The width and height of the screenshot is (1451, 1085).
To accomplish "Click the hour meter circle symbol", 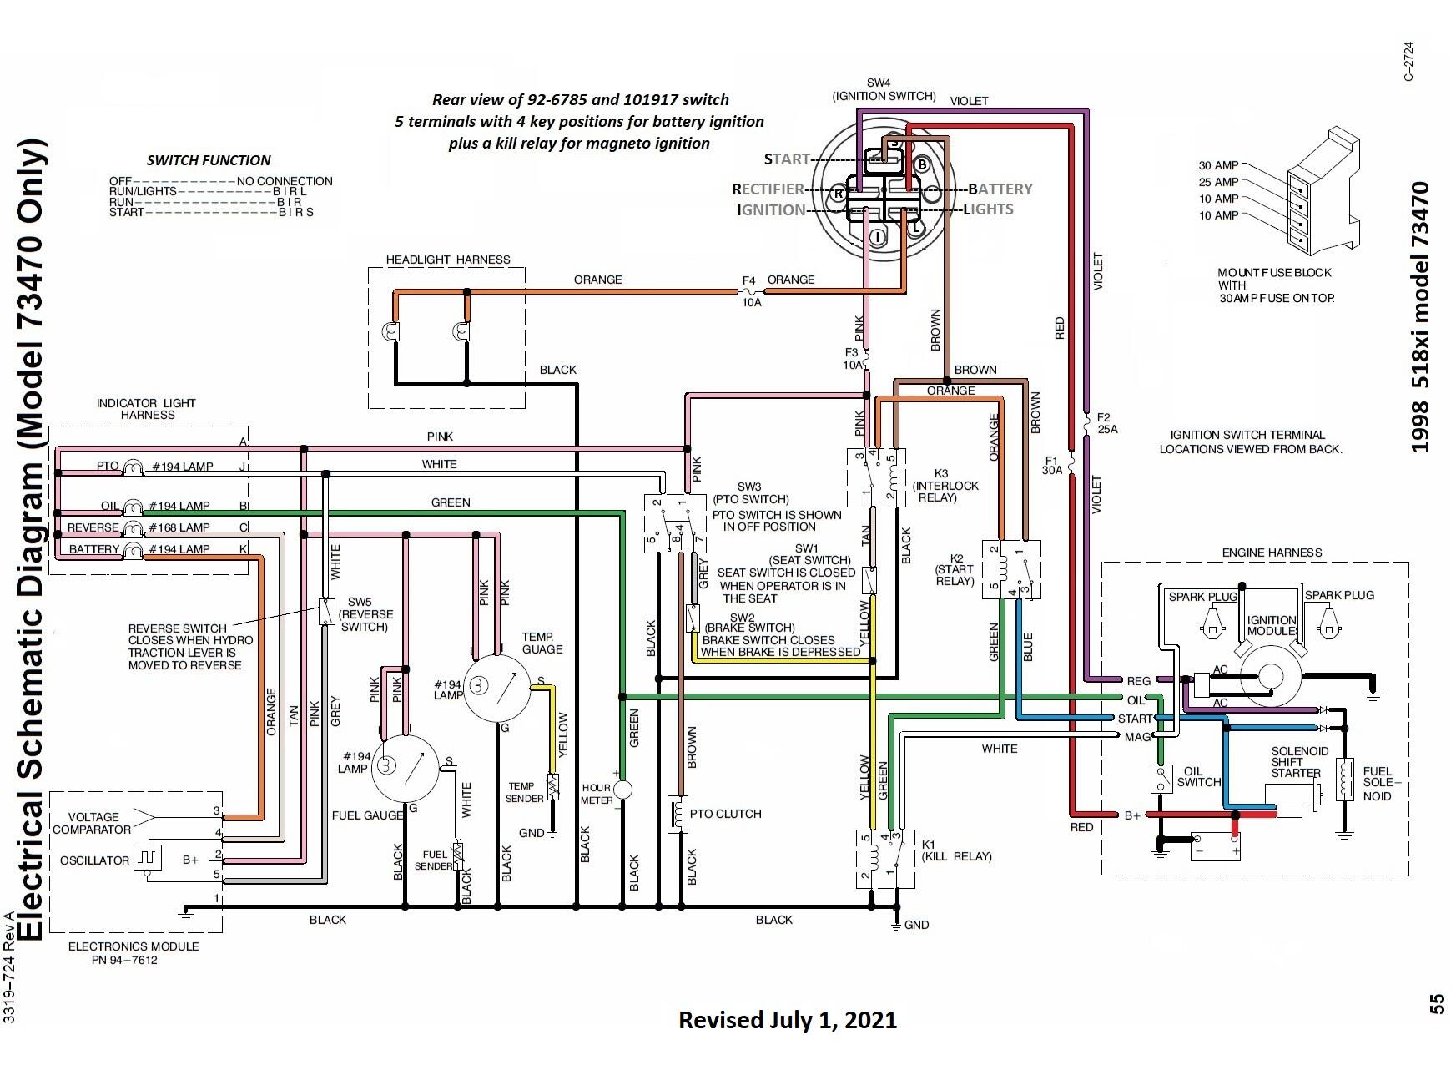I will [x=622, y=789].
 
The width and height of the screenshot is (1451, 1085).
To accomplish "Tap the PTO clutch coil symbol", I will [x=678, y=815].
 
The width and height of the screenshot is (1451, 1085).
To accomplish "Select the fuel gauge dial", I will [x=406, y=769].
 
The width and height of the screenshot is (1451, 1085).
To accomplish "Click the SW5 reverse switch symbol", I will [x=326, y=612].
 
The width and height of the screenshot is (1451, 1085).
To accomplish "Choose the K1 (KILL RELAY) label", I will [x=957, y=850].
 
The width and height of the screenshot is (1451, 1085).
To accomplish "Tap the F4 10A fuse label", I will [x=751, y=291].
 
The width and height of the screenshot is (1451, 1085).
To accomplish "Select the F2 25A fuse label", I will [x=1106, y=423].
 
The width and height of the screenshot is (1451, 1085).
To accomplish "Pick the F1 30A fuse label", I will [x=1051, y=465].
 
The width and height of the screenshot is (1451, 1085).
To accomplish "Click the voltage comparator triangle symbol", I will [x=144, y=818].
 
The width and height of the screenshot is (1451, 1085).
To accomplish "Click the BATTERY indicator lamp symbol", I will [x=134, y=550].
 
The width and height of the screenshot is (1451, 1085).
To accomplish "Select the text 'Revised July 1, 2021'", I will [x=788, y=1020].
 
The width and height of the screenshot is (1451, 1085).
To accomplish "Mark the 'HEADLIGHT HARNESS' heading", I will [x=448, y=260].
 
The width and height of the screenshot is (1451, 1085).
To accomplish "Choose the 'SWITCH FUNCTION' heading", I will [x=209, y=160].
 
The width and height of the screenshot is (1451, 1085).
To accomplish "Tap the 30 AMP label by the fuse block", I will [x=1218, y=165].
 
